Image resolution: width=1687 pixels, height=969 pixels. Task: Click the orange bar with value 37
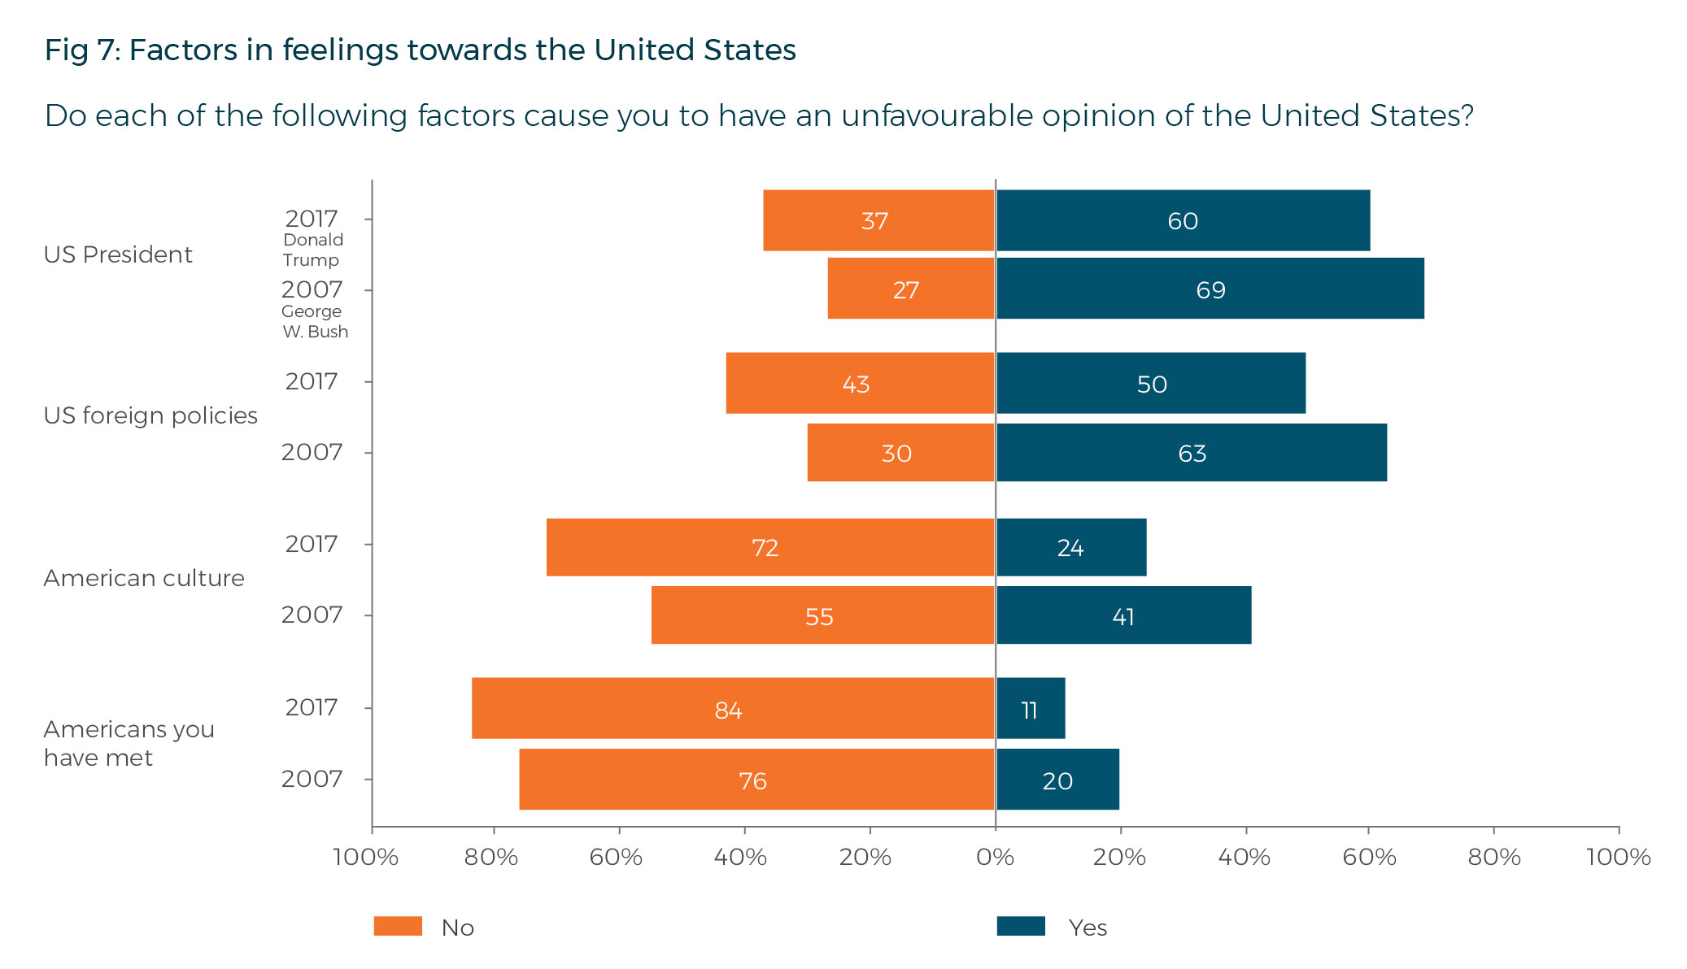[x=878, y=220]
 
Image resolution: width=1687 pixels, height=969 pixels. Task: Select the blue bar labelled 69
[x=1210, y=289]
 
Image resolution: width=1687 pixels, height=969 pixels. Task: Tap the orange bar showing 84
[x=733, y=708]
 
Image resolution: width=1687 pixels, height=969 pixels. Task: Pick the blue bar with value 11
[x=1031, y=708]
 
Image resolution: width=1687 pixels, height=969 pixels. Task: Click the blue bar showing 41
[x=1123, y=615]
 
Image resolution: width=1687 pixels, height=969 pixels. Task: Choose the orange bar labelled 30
[x=900, y=453]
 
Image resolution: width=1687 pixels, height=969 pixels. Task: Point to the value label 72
[x=765, y=548]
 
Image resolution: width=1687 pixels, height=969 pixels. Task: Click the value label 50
[x=1152, y=385]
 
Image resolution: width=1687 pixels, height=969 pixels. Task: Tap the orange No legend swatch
[x=398, y=926]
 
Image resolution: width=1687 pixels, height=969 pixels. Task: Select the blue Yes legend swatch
[x=1021, y=926]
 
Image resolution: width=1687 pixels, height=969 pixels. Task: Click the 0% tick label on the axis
[x=995, y=857]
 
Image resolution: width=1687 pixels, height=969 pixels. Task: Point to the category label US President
[x=118, y=254]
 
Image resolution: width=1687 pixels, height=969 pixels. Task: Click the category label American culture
[x=144, y=578]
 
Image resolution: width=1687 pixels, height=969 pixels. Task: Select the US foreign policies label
[x=150, y=415]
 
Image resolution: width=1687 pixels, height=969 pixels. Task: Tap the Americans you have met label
[x=129, y=743]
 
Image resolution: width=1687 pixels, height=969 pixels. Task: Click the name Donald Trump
[x=312, y=250]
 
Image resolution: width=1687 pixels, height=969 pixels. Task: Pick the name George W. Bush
[x=314, y=321]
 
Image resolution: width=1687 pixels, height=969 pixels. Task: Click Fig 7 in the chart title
[x=82, y=50]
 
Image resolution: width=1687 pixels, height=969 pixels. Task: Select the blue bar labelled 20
[x=1057, y=780]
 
